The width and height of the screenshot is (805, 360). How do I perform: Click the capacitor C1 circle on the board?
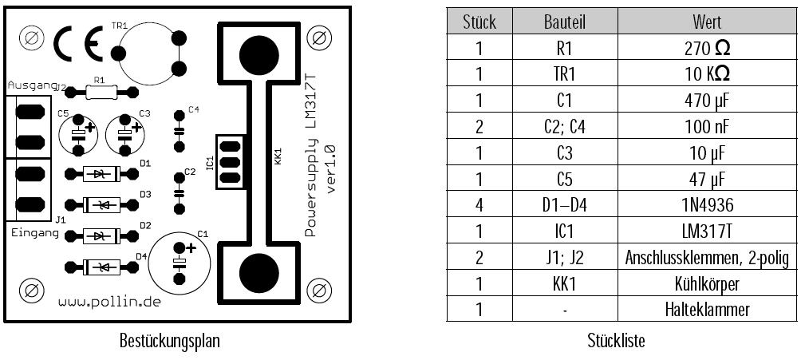pyautogui.click(x=180, y=261)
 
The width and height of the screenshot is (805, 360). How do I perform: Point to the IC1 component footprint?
pyautogui.click(x=230, y=164)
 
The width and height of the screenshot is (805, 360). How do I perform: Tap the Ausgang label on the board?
pyautogui.click(x=32, y=85)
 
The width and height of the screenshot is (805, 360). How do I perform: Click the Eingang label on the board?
pyautogui.click(x=34, y=232)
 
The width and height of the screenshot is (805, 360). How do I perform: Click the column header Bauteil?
pyautogui.click(x=564, y=22)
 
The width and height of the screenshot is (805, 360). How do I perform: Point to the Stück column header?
pyautogui.click(x=479, y=22)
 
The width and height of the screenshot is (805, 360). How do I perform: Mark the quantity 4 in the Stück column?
pyautogui.click(x=479, y=205)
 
